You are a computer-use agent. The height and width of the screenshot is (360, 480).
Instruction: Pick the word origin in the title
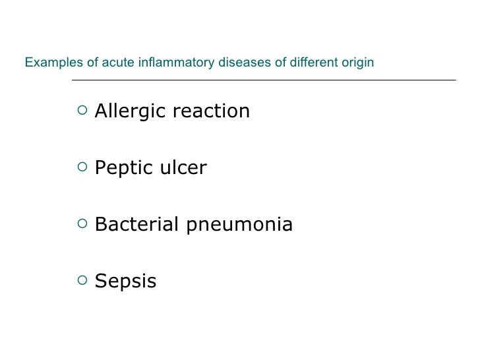tap(358, 63)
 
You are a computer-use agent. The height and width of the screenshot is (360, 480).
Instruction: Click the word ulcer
tap(185, 169)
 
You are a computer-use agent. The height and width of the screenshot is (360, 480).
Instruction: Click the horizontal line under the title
tap(263, 80)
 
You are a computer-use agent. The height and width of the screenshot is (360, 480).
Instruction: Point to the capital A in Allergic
tap(102, 111)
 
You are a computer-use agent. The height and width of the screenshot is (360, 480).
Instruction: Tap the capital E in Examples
tap(28, 63)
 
